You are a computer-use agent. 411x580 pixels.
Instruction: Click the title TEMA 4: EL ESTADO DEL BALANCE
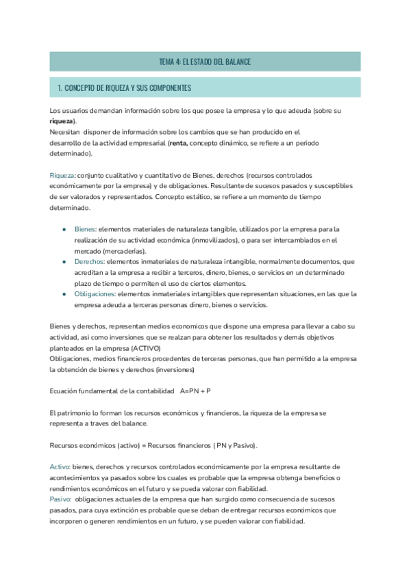click(205, 62)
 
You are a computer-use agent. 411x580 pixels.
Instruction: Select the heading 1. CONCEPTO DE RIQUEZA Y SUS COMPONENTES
click(124, 88)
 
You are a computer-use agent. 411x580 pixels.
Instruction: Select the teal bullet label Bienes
click(85, 229)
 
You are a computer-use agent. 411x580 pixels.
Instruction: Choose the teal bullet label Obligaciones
click(96, 294)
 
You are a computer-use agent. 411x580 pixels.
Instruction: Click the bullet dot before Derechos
click(64, 262)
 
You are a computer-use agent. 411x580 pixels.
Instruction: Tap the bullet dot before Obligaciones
click(64, 294)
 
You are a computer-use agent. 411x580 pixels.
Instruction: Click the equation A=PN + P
click(195, 391)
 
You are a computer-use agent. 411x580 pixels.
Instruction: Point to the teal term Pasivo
click(60, 500)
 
